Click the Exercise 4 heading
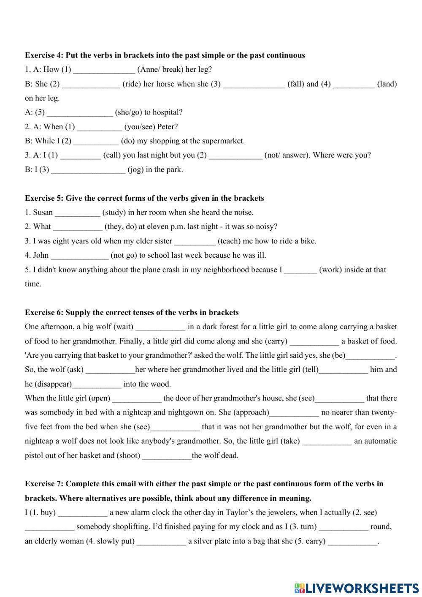coord(165,55)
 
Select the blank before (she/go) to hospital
coord(80,113)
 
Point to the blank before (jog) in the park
coord(88,170)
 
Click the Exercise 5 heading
coord(144,198)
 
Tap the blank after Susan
coord(78,213)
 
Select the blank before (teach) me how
coord(195,242)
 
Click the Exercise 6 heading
coord(132,313)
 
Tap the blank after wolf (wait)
coord(160,327)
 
